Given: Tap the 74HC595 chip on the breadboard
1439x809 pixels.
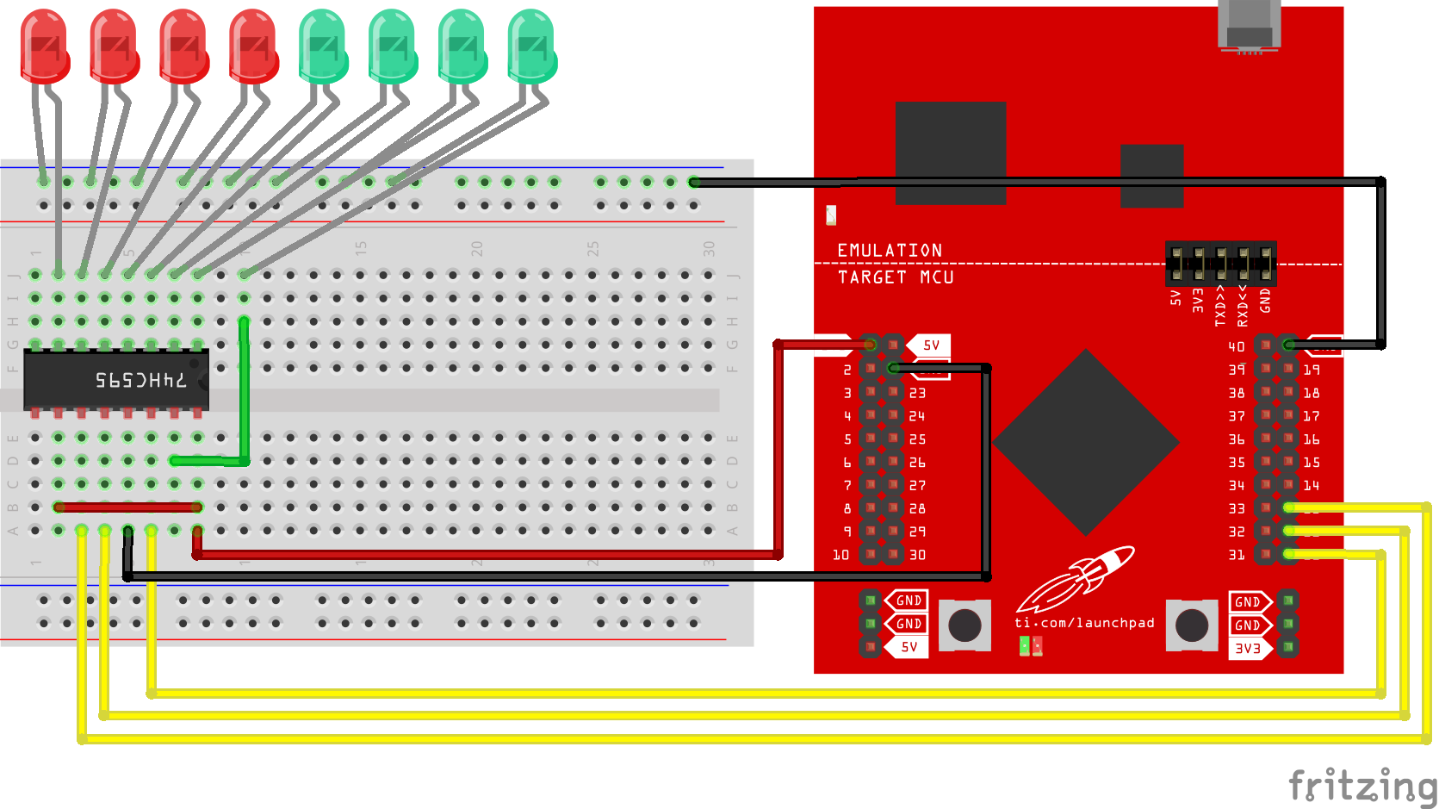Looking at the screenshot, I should click(116, 380).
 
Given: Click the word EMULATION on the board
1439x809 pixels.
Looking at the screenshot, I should click(890, 251).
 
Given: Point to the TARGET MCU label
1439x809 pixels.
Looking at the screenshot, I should click(896, 277).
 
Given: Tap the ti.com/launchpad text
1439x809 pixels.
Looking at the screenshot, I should click(1084, 623).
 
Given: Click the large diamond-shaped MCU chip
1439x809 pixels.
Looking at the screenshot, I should click(1086, 442).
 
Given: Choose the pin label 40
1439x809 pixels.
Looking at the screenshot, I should click(1237, 346).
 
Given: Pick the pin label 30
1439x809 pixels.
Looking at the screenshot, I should click(918, 556).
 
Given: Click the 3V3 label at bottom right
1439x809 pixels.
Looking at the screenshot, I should click(1248, 649).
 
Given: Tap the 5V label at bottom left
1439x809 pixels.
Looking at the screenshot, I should click(909, 647).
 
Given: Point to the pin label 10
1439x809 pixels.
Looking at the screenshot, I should click(841, 556).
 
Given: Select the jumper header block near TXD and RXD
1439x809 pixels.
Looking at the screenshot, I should click(1220, 264).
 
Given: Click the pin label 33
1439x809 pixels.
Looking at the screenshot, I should click(1237, 509).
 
